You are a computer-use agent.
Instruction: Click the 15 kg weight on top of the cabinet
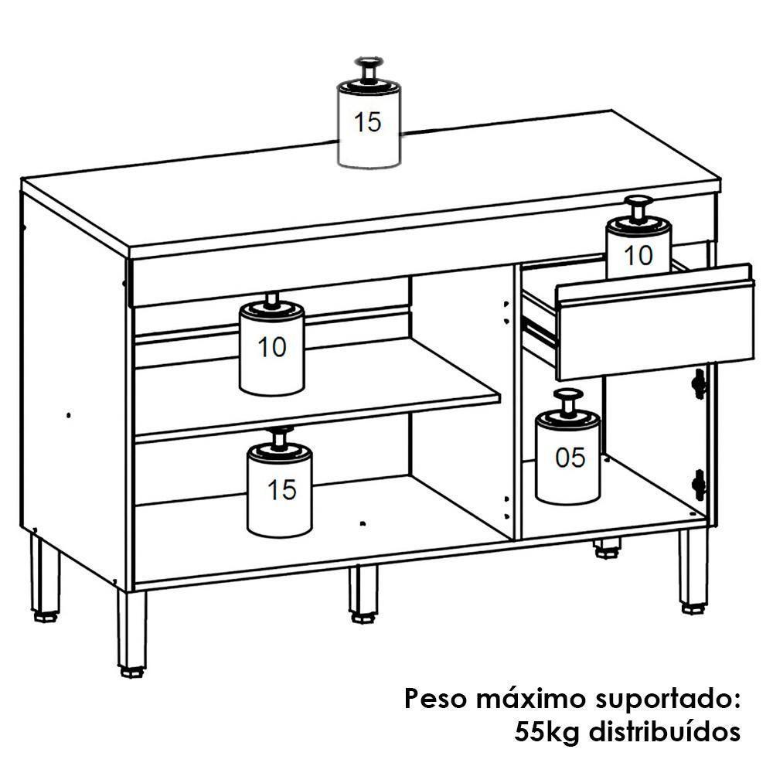pos(369,124)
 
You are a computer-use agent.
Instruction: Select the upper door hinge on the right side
pos(700,383)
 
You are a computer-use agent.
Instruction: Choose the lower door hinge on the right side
pos(700,483)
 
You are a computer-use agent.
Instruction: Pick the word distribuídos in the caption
pos(668,730)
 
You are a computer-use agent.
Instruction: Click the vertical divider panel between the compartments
pos(513,402)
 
